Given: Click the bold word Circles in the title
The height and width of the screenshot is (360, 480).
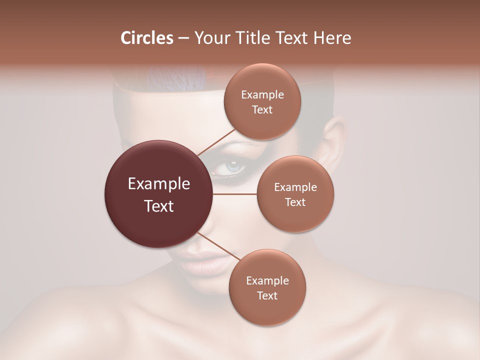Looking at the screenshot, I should point(147,38).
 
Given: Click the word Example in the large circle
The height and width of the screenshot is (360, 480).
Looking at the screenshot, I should point(159,184).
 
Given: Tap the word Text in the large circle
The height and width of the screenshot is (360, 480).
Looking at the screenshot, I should point(159,206).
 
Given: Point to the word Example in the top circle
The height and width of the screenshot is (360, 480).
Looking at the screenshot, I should point(262,94).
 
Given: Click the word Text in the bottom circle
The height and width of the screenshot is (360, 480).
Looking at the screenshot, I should point(267,295).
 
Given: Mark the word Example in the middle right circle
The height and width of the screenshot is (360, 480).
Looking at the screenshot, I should point(295,187).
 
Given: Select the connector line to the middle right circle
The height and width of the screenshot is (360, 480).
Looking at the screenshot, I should point(235,194).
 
